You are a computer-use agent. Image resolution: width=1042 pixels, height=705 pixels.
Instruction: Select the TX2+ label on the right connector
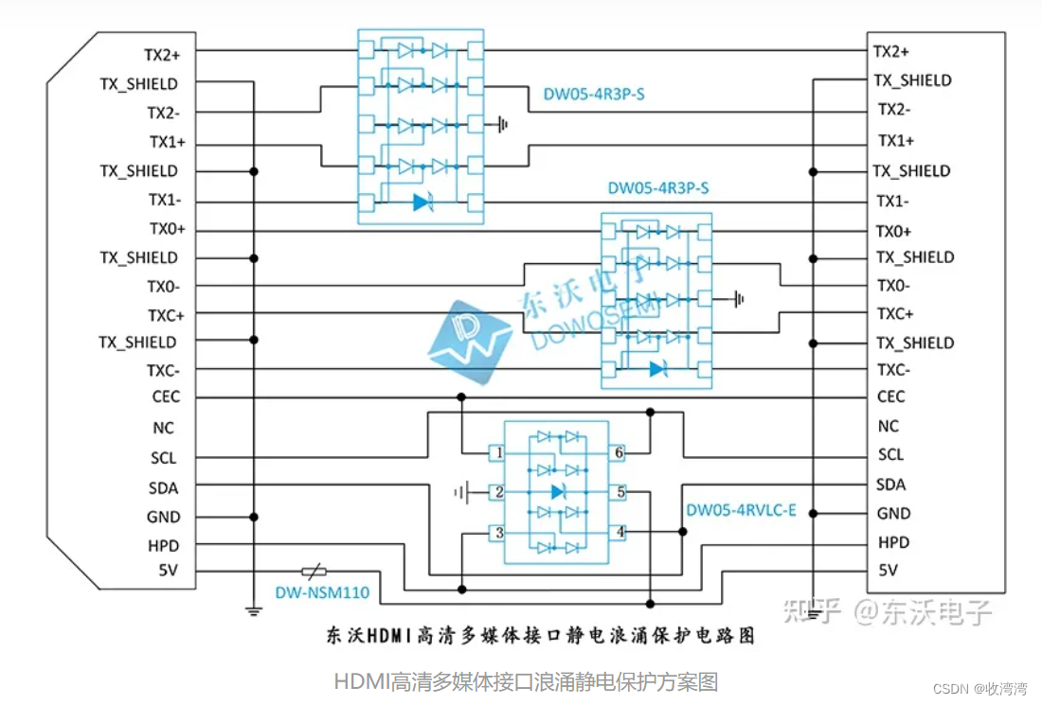891,52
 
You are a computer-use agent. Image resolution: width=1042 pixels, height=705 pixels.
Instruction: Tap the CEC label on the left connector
165,397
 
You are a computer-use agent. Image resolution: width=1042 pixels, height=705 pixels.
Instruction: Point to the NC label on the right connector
888,427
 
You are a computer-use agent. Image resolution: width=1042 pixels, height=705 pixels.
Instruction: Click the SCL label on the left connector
163,457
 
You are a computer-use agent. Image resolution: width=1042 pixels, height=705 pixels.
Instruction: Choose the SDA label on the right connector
890,485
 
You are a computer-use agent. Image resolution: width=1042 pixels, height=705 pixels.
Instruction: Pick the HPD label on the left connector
163,546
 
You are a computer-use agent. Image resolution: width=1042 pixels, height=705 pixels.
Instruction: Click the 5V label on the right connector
888,571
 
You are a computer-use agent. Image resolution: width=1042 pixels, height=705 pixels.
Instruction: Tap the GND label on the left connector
163,518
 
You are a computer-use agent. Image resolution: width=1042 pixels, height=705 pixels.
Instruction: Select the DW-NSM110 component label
322,594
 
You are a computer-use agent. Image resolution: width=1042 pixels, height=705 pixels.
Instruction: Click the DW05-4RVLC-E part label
741,511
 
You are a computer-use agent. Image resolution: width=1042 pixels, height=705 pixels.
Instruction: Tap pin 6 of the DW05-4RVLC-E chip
619,454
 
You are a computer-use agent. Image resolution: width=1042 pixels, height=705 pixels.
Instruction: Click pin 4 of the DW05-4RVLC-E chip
620,533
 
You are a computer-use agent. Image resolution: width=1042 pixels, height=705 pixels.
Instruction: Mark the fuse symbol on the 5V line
314,572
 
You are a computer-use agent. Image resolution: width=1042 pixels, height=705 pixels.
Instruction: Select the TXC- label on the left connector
163,370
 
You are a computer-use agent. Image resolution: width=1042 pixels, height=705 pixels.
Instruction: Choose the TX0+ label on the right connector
893,232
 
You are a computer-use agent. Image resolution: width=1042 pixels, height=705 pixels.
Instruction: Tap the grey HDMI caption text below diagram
526,680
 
